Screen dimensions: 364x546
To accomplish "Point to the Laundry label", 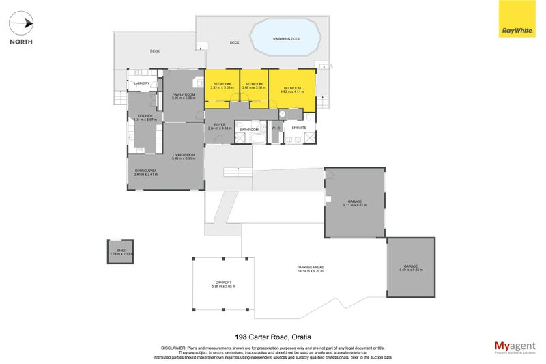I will point(142,83).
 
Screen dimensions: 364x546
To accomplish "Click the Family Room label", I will point(184,94).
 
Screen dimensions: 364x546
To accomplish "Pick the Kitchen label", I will point(144,117).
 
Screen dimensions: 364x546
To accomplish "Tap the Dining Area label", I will point(146,171).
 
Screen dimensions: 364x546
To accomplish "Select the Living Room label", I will point(184,156).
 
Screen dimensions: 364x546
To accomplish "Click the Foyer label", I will point(220,125).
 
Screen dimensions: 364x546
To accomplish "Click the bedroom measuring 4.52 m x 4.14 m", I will point(292,89).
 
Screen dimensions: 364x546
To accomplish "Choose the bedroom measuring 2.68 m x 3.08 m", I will point(254,85).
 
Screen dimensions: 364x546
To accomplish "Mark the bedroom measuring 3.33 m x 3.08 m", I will point(222,85).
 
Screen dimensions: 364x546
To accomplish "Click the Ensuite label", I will point(299,128).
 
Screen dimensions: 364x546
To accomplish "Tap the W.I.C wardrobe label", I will point(276,128).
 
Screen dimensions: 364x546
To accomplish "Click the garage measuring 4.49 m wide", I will point(411,267).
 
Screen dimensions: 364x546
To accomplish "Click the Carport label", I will point(223,283).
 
